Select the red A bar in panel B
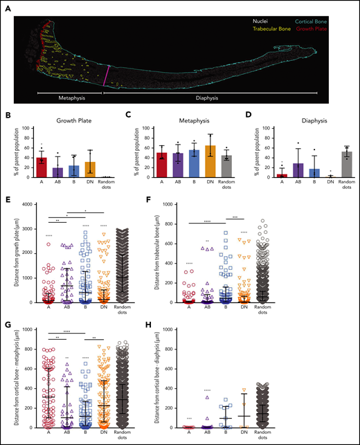pyautogui.click(x=41, y=167)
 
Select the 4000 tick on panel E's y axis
pyautogui.click(x=26, y=204)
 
